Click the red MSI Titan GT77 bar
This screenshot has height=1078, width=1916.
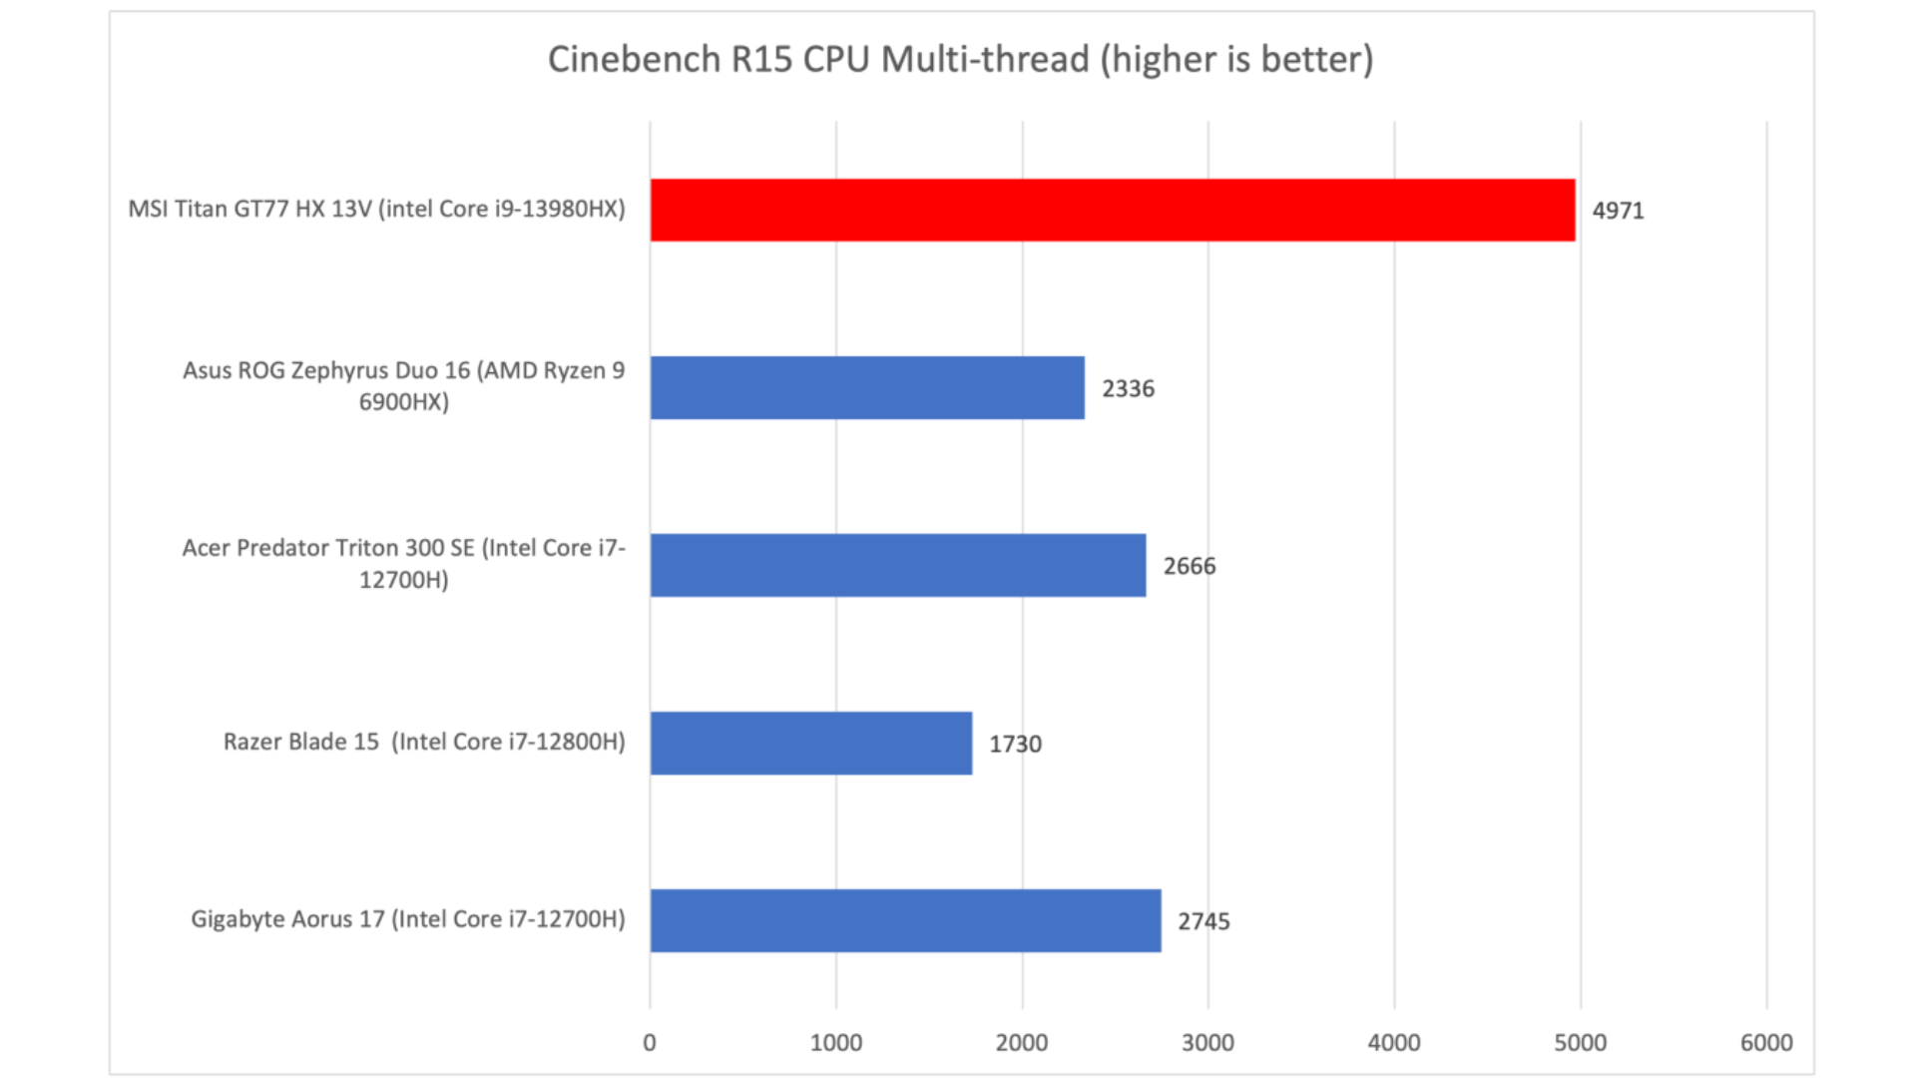pyautogui.click(x=1112, y=210)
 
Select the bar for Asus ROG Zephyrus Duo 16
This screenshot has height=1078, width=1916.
pyautogui.click(x=866, y=387)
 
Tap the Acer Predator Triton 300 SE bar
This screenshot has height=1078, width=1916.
pyautogui.click(x=897, y=565)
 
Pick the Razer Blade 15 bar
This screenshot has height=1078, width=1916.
pyautogui.click(x=810, y=743)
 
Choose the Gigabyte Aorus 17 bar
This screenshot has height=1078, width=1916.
pyautogui.click(x=905, y=920)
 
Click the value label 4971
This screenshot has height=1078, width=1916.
pyautogui.click(x=1618, y=211)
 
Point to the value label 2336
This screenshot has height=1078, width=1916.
pyautogui.click(x=1128, y=388)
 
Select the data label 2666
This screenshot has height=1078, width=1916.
pyautogui.click(x=1189, y=566)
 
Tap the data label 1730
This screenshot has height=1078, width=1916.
pyautogui.click(x=1015, y=744)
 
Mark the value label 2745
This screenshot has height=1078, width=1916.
pyautogui.click(x=1203, y=921)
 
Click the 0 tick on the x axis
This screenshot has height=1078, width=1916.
pyautogui.click(x=650, y=1043)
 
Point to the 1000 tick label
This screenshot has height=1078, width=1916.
pyautogui.click(x=835, y=1043)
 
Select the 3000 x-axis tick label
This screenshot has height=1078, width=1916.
pyautogui.click(x=1207, y=1043)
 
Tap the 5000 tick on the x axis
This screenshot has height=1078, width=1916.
pyautogui.click(x=1580, y=1043)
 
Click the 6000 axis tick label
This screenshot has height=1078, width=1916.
pyautogui.click(x=1766, y=1043)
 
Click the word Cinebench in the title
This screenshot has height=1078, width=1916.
pyautogui.click(x=634, y=60)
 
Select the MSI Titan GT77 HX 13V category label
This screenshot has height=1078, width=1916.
pyautogui.click(x=376, y=209)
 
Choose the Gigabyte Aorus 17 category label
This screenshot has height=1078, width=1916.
pyautogui.click(x=408, y=919)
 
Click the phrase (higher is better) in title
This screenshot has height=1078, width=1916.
pyautogui.click(x=1236, y=60)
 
